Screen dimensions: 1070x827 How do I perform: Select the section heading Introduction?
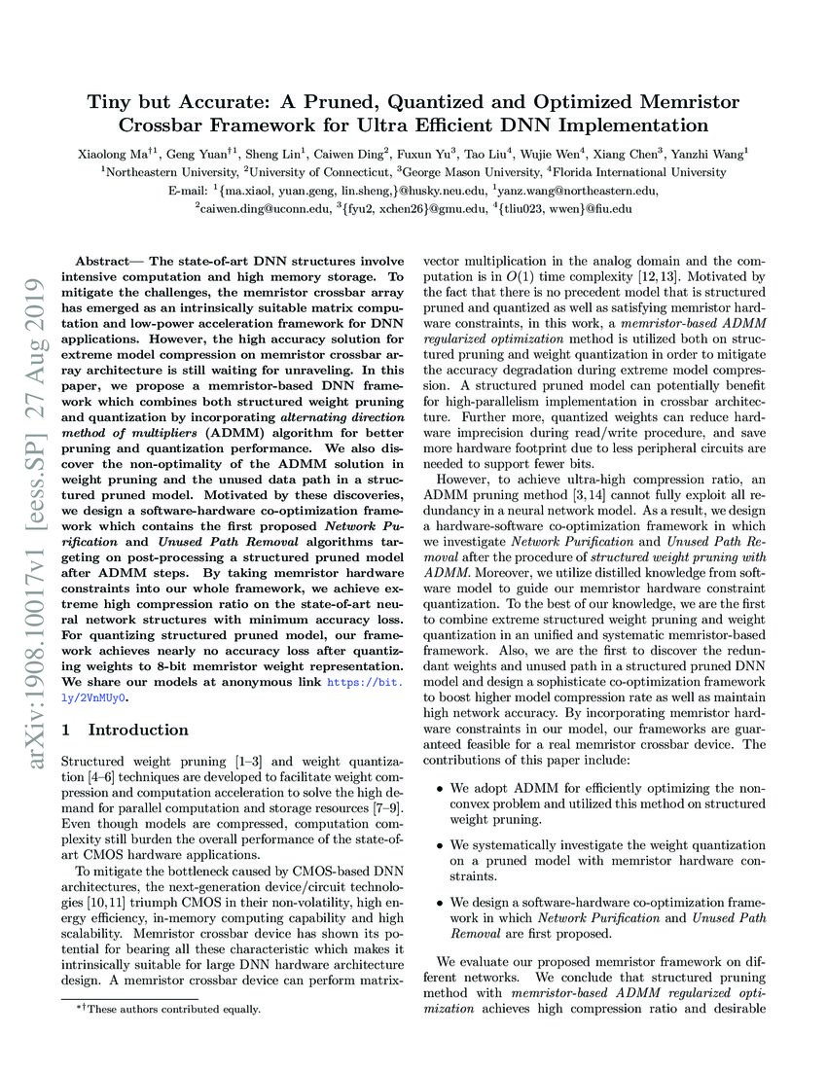[x=138, y=730]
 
